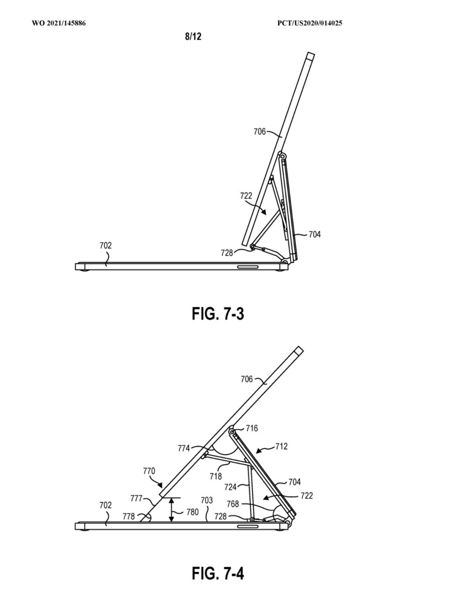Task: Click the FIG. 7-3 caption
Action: pyautogui.click(x=217, y=314)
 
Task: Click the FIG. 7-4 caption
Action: pyautogui.click(x=217, y=573)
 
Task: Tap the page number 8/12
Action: pyautogui.click(x=193, y=36)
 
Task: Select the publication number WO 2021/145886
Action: pyautogui.click(x=59, y=23)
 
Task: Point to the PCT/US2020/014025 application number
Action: pyautogui.click(x=310, y=23)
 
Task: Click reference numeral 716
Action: pyautogui.click(x=252, y=428)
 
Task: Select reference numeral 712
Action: pyautogui.click(x=281, y=446)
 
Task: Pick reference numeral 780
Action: pyautogui.click(x=192, y=512)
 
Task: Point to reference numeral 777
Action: pyautogui.click(x=137, y=498)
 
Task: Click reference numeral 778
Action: pyautogui.click(x=129, y=517)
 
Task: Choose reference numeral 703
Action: pyautogui.click(x=207, y=500)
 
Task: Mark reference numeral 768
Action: pyautogui.click(x=233, y=504)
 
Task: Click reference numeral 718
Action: pyautogui.click(x=216, y=476)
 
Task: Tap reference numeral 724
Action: pyautogui.click(x=231, y=487)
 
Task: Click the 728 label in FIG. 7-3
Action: pyautogui.click(x=226, y=253)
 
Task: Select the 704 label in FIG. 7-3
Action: pyautogui.click(x=314, y=234)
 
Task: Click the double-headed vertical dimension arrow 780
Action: pyautogui.click(x=171, y=510)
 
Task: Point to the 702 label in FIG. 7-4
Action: pyautogui.click(x=105, y=505)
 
